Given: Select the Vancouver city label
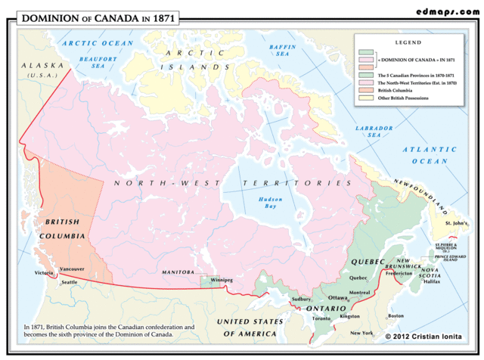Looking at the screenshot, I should click(72, 269).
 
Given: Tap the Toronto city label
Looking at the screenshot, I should click(321, 318).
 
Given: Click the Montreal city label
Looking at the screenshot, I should click(360, 293).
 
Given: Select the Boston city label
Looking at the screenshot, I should click(396, 316).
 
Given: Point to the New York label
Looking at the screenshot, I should click(361, 333).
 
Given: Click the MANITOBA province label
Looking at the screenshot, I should click(178, 272).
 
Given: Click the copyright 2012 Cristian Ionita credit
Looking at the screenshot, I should click(429, 335).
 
